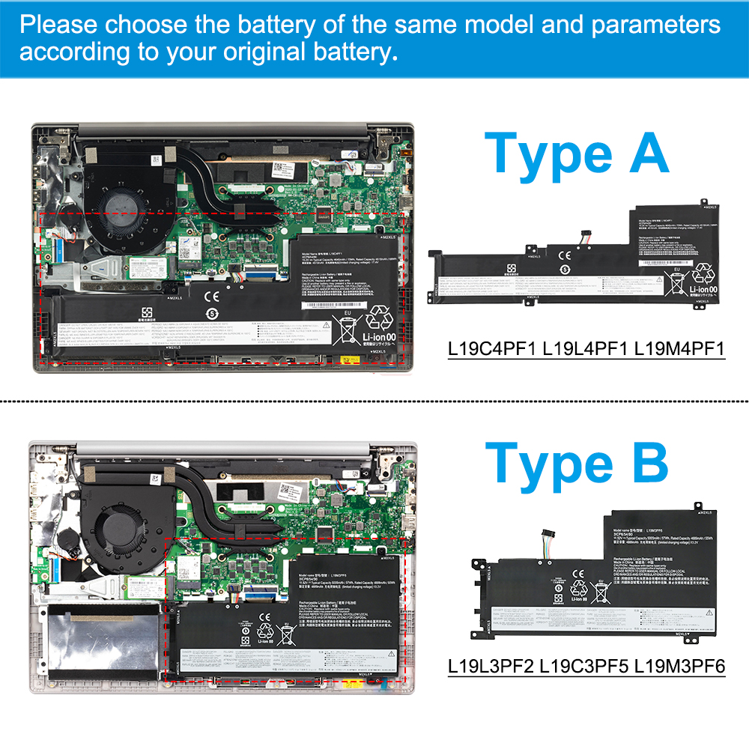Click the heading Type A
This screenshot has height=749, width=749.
tap(576, 154)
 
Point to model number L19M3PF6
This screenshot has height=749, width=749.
tap(679, 665)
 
